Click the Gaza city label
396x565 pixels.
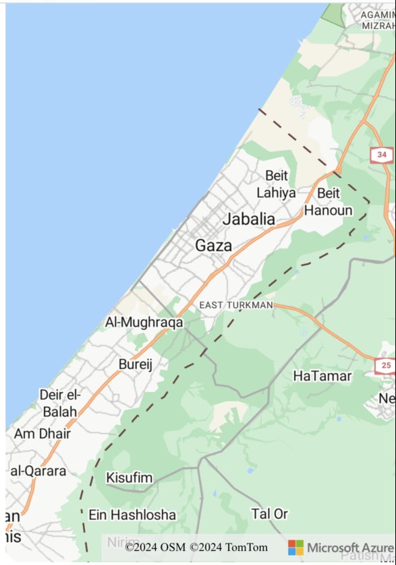213,246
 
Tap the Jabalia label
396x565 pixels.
248,219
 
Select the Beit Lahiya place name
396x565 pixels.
276,184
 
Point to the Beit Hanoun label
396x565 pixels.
328,201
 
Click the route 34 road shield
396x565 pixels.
382,155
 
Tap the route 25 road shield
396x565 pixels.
385,366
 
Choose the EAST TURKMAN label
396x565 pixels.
235,305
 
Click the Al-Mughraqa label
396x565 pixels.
144,323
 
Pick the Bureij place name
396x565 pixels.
135,364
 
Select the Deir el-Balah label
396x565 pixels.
60,403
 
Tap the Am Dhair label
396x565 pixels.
42,434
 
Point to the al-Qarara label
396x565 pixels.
38,471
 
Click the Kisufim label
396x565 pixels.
129,478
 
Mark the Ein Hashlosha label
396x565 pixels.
132,515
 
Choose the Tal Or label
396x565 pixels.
270,514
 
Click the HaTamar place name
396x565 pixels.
322,376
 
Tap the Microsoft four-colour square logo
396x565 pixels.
295,547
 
